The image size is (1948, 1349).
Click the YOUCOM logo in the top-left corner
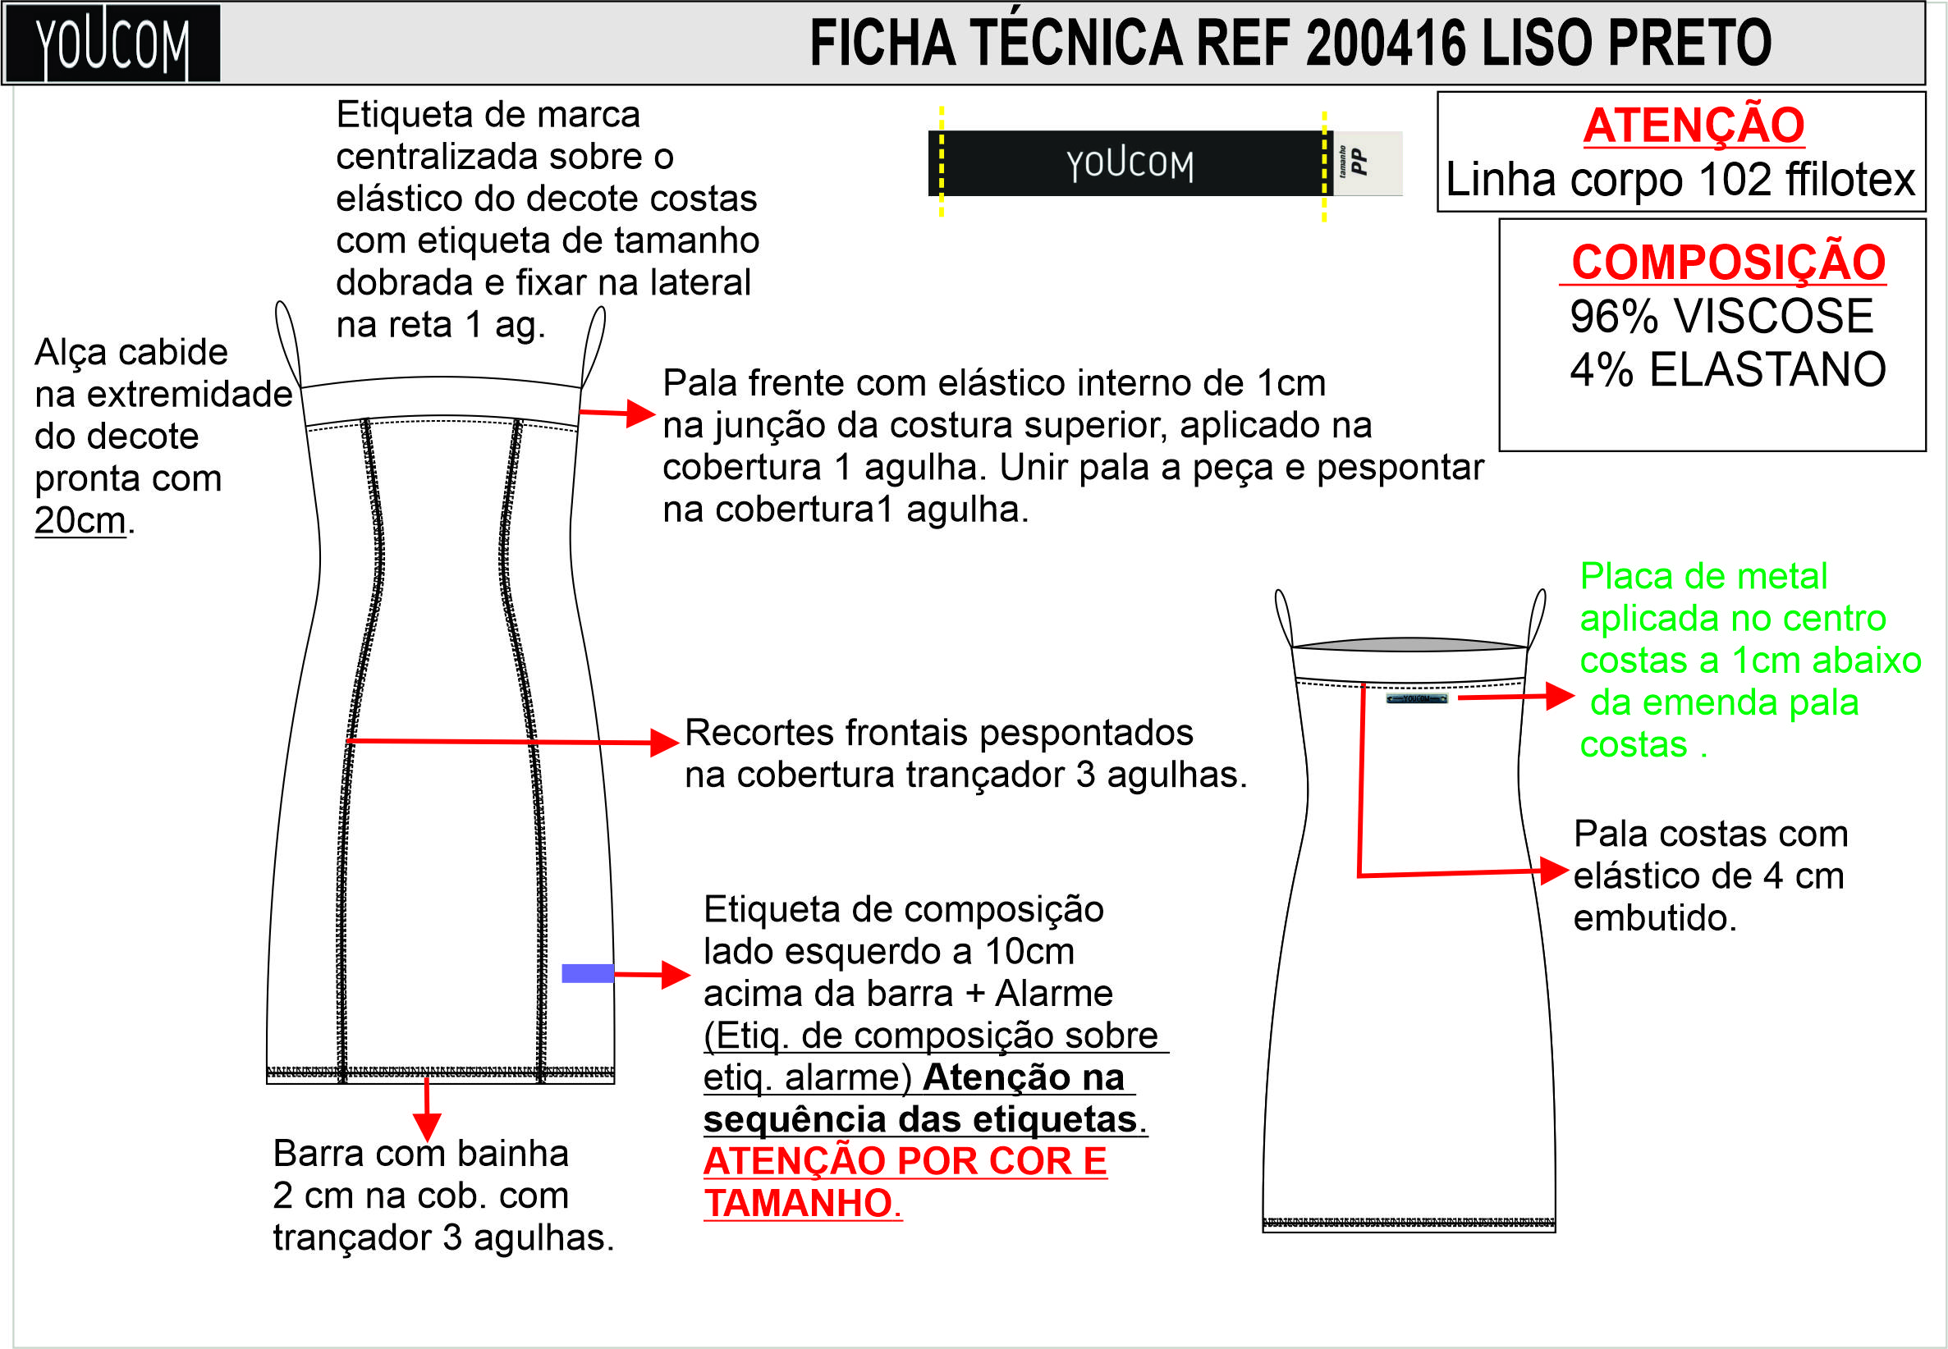112,43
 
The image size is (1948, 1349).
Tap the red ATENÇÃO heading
1694,125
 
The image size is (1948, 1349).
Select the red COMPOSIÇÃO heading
1728,261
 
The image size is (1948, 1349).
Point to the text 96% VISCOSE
1721,315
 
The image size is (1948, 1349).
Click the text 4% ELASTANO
1727,368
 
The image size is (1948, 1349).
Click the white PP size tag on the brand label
1367,163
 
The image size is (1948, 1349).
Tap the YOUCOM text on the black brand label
1130,164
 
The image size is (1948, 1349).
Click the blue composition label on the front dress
588,974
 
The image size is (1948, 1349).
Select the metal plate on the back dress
1417,699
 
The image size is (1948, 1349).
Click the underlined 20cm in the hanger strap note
80,519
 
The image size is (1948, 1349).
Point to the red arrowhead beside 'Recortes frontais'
666,742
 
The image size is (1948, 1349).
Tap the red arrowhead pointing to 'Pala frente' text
642,414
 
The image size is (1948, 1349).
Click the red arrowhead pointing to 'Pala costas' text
1555,871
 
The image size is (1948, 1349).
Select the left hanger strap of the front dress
286,342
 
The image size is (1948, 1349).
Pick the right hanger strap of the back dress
1537,618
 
